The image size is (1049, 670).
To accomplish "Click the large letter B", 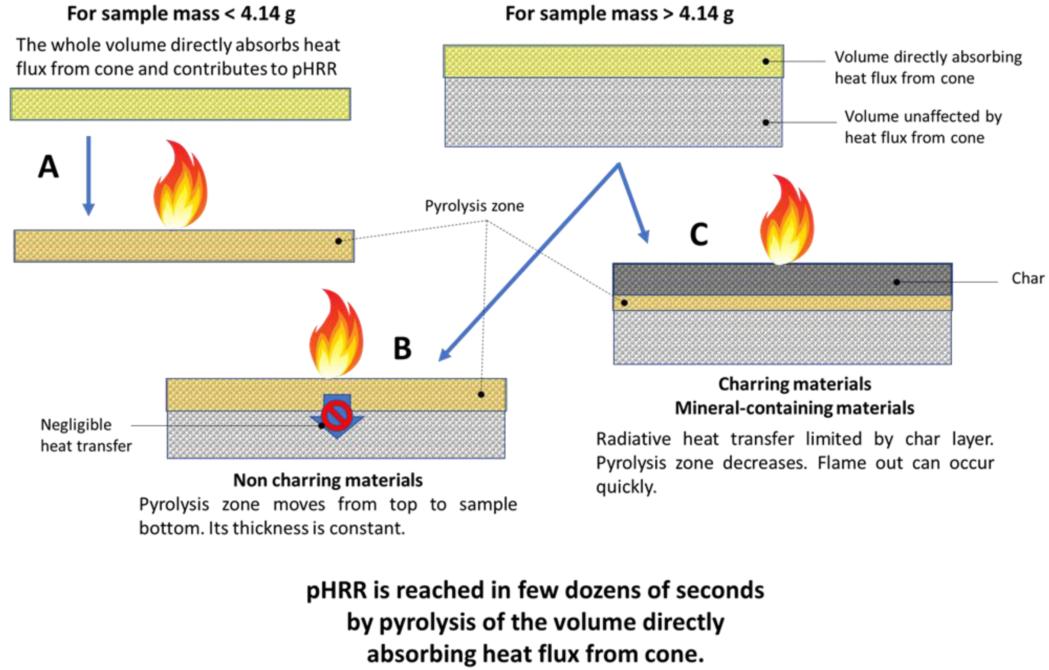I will click(x=402, y=349).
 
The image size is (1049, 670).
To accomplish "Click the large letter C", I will click(x=699, y=234).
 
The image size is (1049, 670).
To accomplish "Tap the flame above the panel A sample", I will click(x=180, y=185).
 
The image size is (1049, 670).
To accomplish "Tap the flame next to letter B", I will click(x=336, y=334).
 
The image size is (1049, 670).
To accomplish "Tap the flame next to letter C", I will click(x=787, y=220).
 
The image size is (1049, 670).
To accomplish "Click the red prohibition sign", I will click(x=337, y=415).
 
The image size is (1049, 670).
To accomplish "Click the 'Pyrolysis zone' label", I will click(x=474, y=206).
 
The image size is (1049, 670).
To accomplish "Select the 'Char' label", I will click(x=1027, y=278).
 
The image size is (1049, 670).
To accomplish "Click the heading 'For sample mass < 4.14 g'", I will click(x=181, y=14).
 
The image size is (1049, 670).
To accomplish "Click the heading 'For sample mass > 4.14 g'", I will click(x=619, y=14).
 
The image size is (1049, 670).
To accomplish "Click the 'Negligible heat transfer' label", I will click(x=86, y=435).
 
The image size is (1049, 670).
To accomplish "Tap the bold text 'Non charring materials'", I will click(x=327, y=480).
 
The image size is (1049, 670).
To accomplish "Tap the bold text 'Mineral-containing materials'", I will click(x=794, y=408).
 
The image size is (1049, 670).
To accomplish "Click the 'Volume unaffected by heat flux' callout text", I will click(x=923, y=127).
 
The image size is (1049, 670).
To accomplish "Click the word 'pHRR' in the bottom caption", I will click(x=330, y=591).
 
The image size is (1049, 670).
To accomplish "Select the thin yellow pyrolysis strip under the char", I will click(x=782, y=303).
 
